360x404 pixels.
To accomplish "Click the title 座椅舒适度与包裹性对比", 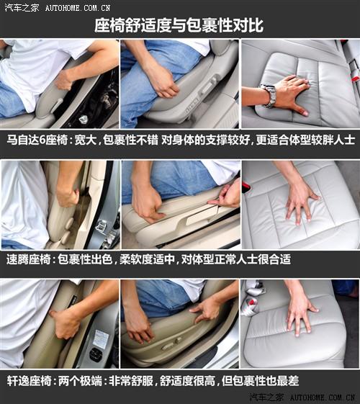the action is tap(179, 25).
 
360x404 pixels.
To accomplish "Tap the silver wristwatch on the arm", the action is tap(269, 96).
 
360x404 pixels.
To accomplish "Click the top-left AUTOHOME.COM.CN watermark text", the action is tap(78, 8).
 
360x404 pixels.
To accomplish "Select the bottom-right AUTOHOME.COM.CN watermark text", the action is tap(323, 398).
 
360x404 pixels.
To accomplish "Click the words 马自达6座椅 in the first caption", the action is tap(37, 140).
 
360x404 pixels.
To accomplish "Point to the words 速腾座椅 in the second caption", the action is tap(29, 259).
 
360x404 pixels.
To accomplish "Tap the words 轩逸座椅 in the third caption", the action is tap(29, 381).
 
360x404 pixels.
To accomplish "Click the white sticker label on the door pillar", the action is tap(100, 338).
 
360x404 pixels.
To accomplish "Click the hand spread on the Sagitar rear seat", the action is tap(301, 204).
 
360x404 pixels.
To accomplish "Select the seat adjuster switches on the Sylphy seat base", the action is tap(171, 344).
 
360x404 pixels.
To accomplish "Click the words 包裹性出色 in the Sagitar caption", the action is tap(85, 259).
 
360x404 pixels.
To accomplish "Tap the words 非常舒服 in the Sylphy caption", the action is tap(131, 381).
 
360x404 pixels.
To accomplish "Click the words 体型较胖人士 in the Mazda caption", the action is tap(323, 140).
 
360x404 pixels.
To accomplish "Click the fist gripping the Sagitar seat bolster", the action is tap(68, 197).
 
